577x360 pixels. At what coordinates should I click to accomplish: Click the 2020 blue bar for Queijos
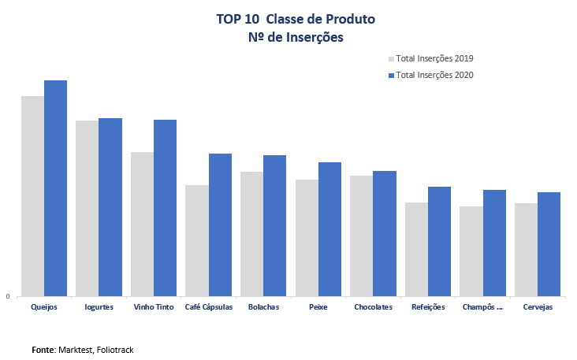[x=55, y=188]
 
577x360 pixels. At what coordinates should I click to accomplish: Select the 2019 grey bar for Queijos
[x=32, y=196]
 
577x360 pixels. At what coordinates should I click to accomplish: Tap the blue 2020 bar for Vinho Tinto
[x=165, y=208]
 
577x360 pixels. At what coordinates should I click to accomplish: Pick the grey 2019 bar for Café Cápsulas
[x=197, y=240]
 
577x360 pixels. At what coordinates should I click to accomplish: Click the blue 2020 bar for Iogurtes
[x=110, y=207]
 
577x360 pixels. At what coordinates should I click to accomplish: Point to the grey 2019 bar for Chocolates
[x=361, y=236]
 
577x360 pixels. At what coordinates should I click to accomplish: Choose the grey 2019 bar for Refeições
[x=416, y=249]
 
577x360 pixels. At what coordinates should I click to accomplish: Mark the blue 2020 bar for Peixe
[x=329, y=229]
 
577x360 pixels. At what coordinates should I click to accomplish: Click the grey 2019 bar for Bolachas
[x=251, y=234]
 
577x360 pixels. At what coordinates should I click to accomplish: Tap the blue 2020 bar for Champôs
[x=494, y=243]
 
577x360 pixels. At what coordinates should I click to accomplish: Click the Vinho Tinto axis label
[x=153, y=307]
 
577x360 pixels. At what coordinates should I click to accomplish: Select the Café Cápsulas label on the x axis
[x=208, y=307]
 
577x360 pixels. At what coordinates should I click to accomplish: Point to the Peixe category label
[x=318, y=307]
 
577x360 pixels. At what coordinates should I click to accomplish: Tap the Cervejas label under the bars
[x=538, y=307]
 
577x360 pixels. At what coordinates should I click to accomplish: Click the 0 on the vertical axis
[x=8, y=297]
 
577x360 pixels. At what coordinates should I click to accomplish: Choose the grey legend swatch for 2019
[x=390, y=58]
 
